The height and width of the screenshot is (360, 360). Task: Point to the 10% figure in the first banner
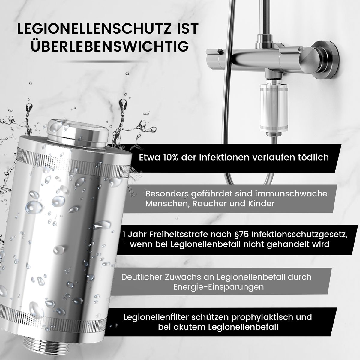[x=171, y=157]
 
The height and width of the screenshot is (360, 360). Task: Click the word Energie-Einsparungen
[x=218, y=287]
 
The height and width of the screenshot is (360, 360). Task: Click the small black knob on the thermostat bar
[x=220, y=50]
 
